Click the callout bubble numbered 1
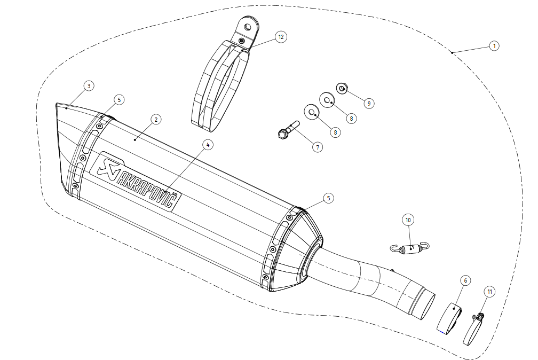[494, 46]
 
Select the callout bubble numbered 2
[156, 120]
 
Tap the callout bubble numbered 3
[89, 86]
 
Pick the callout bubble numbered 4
[208, 145]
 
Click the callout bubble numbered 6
[465, 280]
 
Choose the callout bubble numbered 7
[318, 147]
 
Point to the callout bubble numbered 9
[369, 104]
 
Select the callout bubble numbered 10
[408, 220]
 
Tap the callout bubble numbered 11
[489, 292]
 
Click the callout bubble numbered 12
[281, 37]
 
